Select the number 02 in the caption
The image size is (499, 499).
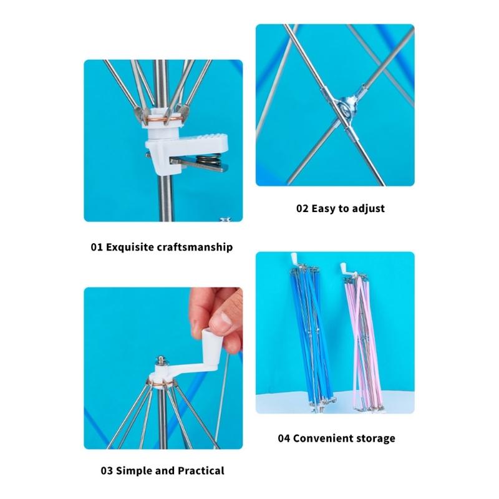coord(303,208)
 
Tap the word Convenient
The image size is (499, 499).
coord(324,438)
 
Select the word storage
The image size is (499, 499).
coord(376,438)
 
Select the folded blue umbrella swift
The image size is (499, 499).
coord(306,337)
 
